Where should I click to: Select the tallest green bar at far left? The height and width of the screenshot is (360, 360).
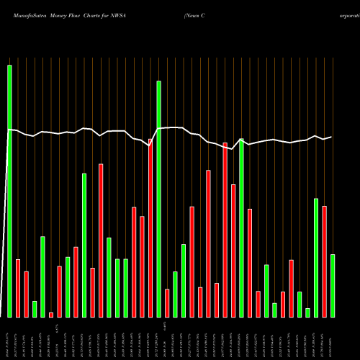click(x=9, y=191)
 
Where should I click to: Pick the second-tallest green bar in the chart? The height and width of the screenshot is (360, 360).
click(x=158, y=199)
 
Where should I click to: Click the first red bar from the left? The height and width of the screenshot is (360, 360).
click(x=18, y=288)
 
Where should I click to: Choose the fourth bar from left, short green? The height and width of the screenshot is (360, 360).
click(x=35, y=309)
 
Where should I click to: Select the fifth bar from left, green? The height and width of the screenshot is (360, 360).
click(x=42, y=276)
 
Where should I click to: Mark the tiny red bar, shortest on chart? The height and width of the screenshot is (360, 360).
click(x=51, y=315)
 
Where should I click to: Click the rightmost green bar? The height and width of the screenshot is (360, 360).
click(x=333, y=285)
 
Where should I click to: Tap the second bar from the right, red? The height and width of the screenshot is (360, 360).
click(x=324, y=261)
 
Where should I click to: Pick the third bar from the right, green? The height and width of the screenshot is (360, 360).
click(x=316, y=257)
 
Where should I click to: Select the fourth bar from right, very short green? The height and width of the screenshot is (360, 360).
click(x=307, y=312)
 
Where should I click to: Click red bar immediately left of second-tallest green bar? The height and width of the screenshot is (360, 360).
click(x=150, y=228)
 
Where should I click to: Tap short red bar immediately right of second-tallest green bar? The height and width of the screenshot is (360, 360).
click(x=167, y=302)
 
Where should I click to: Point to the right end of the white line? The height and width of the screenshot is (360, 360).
click(x=331, y=137)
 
